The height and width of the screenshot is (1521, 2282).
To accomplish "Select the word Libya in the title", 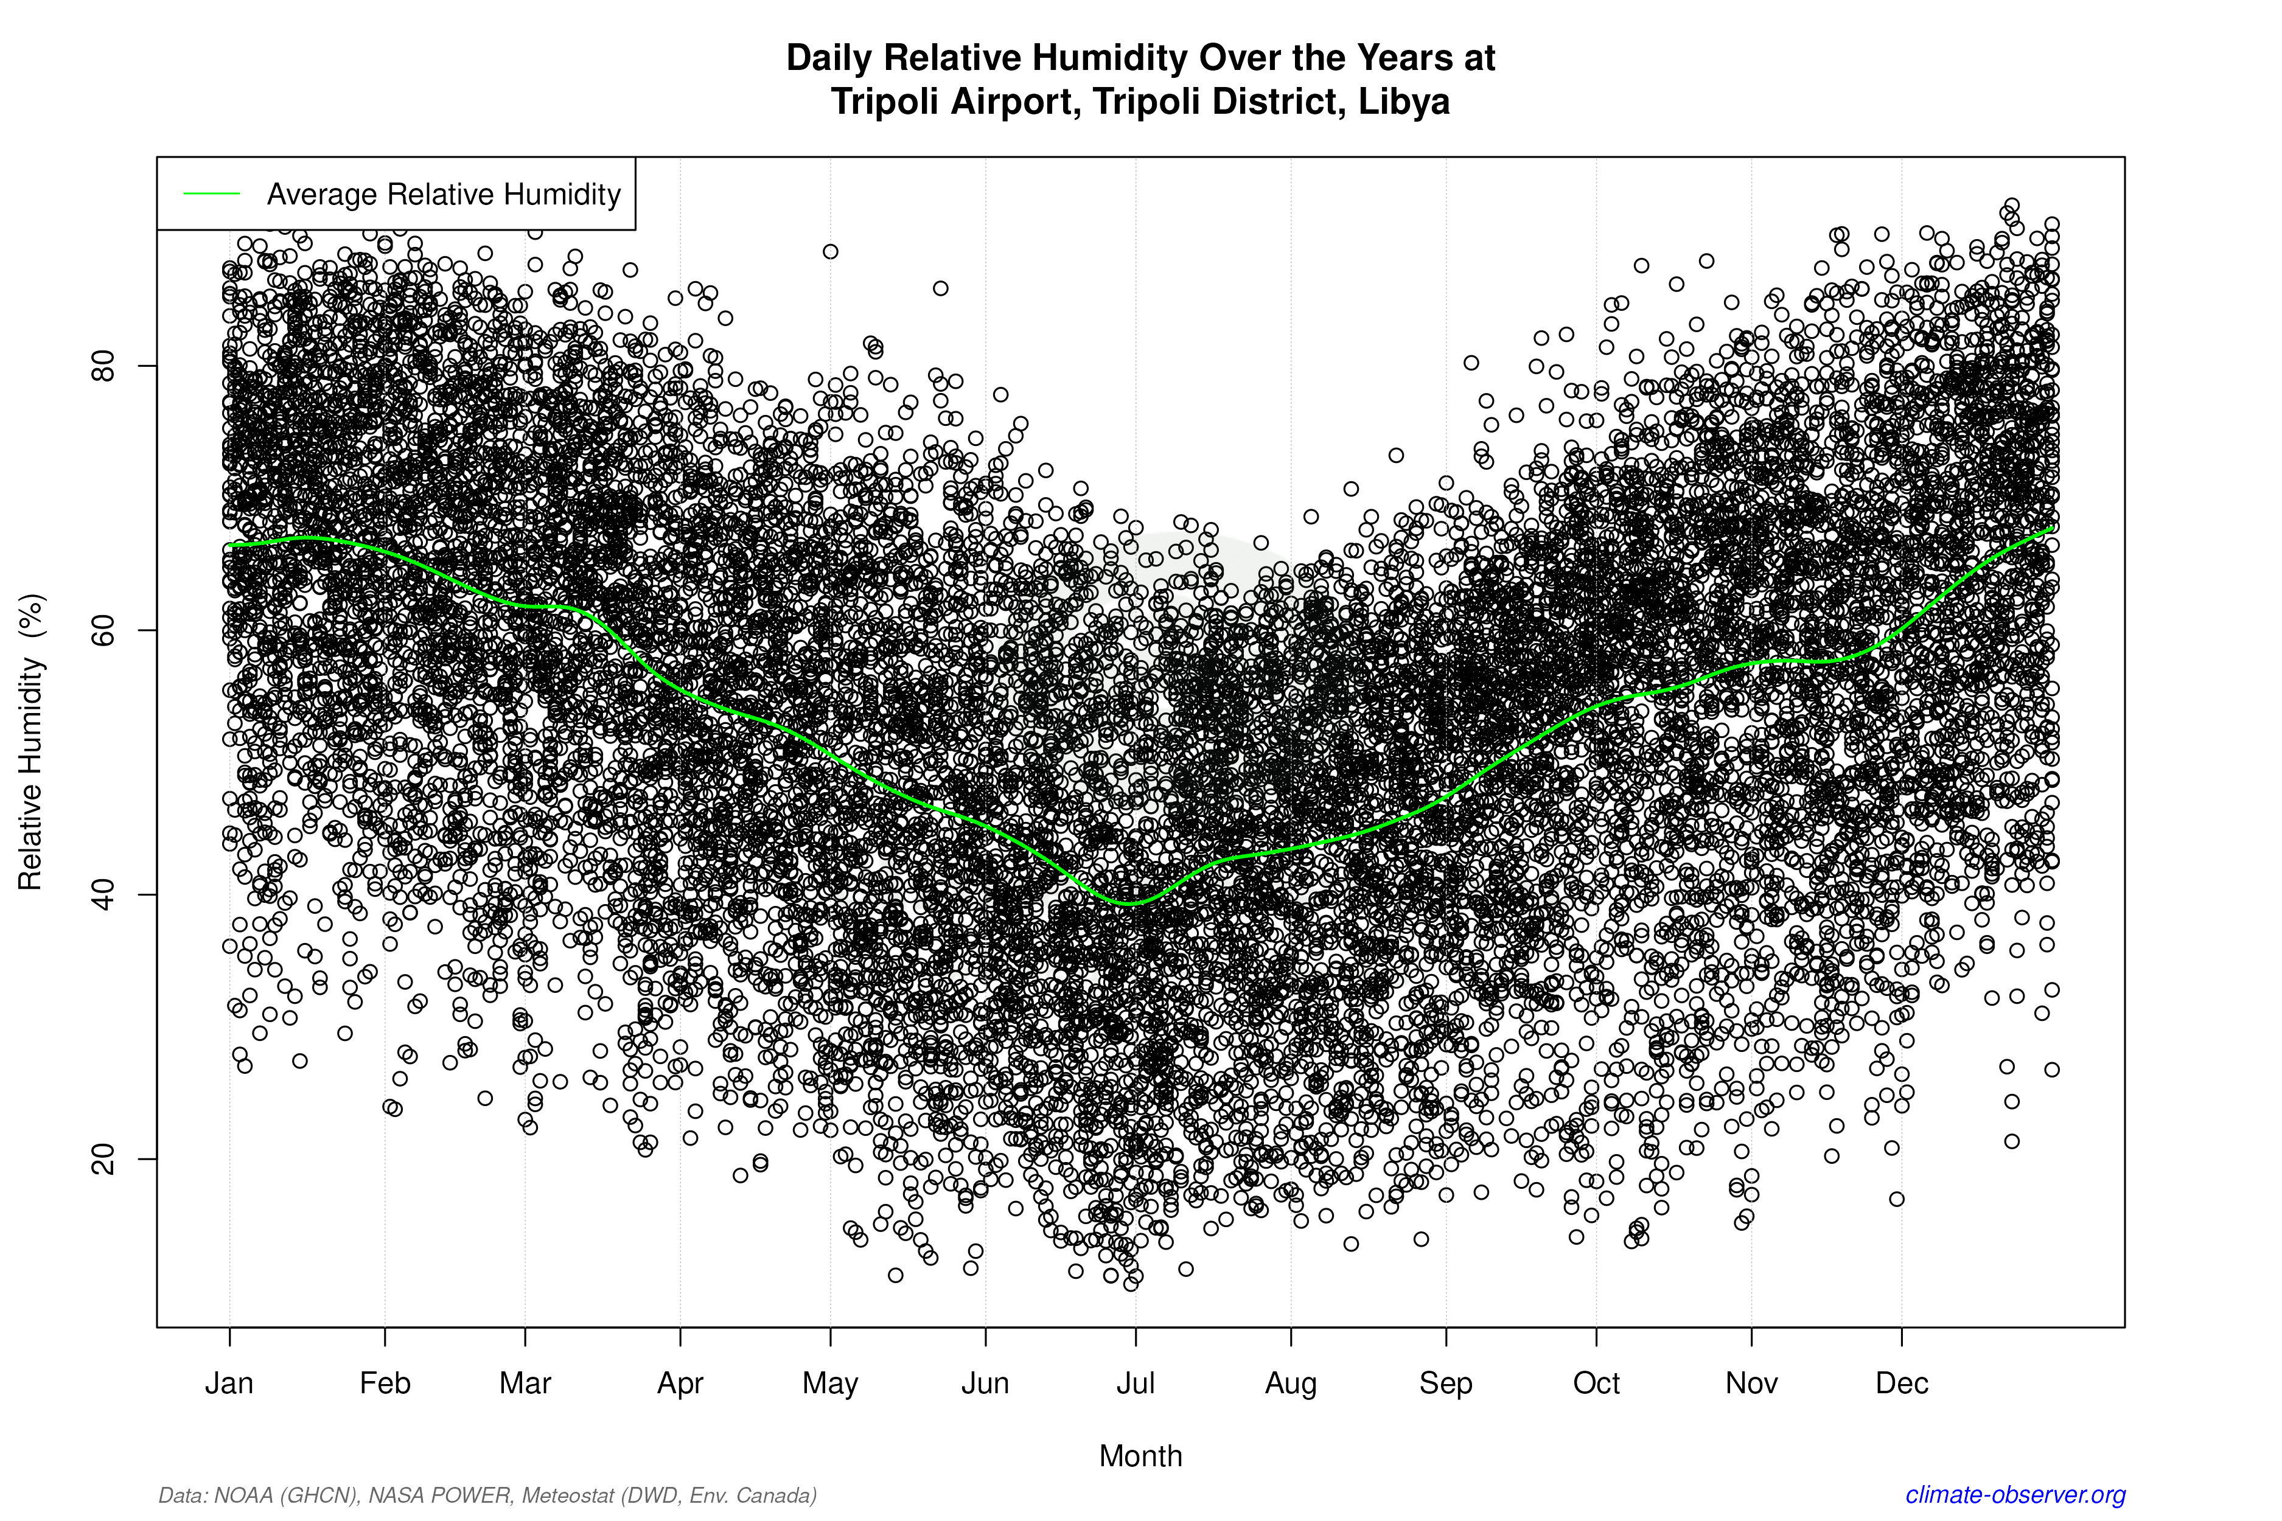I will tap(1403, 101).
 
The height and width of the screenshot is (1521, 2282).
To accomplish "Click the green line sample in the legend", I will tap(212, 194).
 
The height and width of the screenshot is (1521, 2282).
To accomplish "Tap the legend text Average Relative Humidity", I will tap(444, 194).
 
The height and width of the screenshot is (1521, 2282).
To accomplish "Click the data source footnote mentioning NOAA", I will tap(487, 1495).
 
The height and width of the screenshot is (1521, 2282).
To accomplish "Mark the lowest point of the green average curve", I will tap(1129, 903).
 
